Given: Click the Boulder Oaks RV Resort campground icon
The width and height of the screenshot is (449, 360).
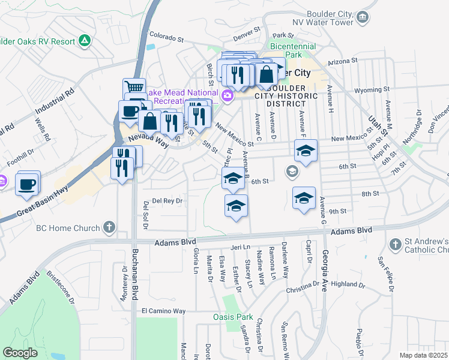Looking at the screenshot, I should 85,41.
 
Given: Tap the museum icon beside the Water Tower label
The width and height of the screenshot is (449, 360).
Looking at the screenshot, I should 362,17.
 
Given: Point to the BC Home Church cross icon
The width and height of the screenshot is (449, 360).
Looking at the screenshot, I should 109,227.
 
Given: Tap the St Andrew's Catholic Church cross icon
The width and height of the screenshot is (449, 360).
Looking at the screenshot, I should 395,244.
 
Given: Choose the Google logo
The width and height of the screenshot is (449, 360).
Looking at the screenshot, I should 20,353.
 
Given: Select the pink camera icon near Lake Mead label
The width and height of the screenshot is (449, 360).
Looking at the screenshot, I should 227,95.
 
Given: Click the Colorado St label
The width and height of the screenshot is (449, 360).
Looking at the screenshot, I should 166,38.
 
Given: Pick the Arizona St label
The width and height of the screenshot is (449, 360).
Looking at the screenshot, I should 342,61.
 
